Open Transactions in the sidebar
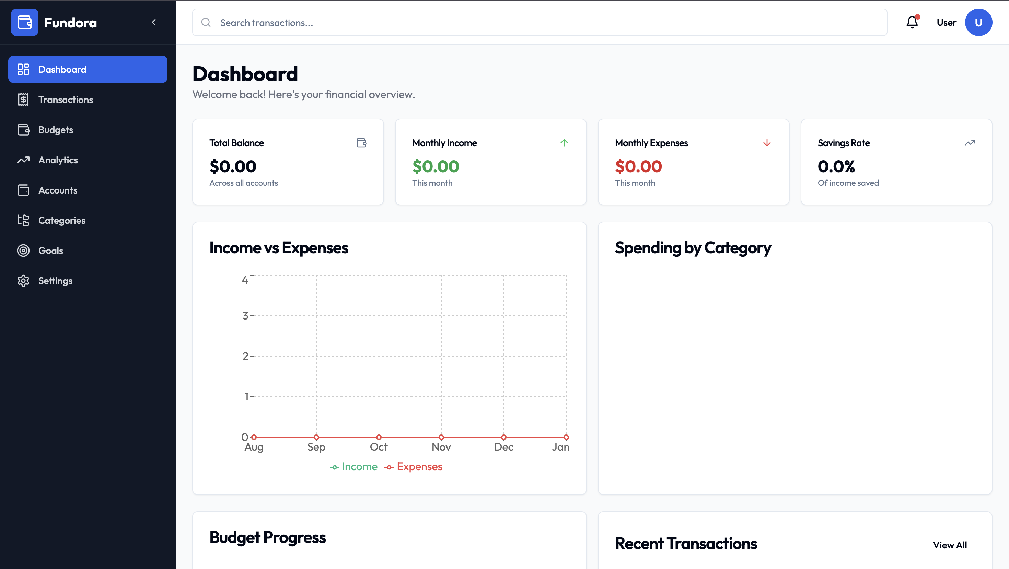coord(66,100)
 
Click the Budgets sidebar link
coord(56,130)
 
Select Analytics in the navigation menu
coord(58,160)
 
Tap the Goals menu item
coord(50,251)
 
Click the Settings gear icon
coord(23,281)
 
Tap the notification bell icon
coord(912,22)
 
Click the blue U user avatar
coord(978,22)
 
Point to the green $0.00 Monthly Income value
coord(436,166)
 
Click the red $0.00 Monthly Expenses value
coord(638,166)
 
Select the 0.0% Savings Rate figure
coord(836,166)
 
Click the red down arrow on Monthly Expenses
coord(767,143)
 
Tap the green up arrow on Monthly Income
coord(564,143)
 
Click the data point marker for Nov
coord(441,437)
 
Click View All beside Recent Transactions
coord(950,545)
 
